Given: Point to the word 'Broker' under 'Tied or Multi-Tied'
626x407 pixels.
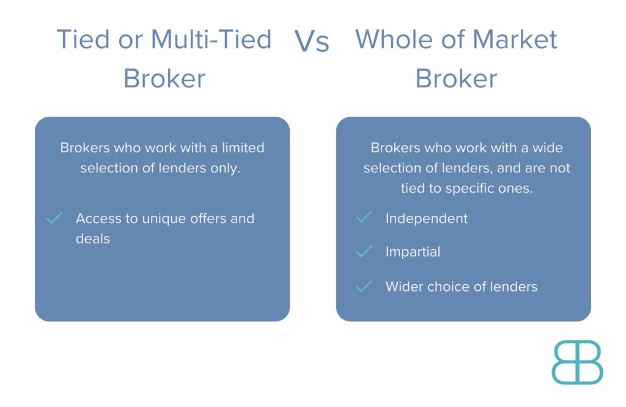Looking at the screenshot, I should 164,79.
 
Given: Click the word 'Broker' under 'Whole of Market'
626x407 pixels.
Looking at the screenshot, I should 456,79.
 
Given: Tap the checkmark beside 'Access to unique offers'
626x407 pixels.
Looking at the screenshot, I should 54,218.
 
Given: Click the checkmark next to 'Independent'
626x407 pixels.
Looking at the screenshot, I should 364,217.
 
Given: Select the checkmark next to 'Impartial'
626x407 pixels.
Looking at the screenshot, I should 364,251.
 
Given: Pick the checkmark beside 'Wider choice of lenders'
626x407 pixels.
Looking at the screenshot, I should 364,286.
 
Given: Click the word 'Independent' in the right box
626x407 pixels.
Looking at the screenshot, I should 426,219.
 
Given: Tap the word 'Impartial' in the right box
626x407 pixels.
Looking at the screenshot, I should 413,252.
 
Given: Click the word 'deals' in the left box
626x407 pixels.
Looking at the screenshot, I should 92,239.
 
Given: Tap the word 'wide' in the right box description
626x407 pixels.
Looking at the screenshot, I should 548,148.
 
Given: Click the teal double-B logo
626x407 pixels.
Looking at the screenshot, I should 577,362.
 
